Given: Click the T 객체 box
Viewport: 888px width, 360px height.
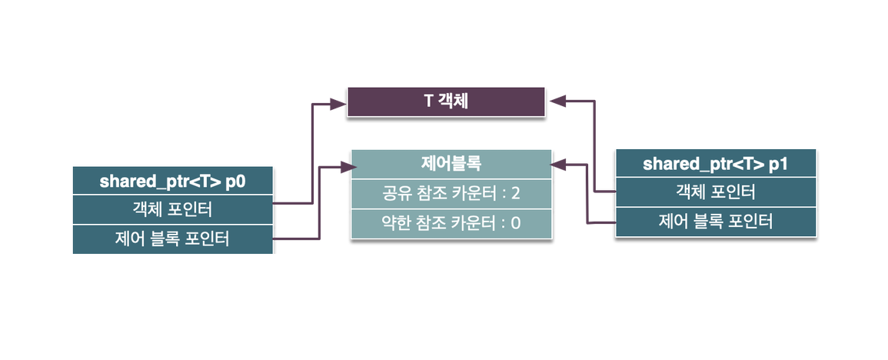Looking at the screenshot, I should click(x=446, y=102).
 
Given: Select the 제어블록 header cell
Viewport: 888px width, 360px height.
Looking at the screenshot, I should click(x=451, y=163).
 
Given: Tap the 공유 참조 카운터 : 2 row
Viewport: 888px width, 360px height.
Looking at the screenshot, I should click(x=451, y=192).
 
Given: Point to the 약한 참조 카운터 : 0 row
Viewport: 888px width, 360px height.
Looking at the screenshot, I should click(x=451, y=223).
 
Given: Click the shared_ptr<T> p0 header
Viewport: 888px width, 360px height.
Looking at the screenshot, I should click(x=174, y=181).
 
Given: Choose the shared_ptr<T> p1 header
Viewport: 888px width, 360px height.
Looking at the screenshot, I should click(x=716, y=163).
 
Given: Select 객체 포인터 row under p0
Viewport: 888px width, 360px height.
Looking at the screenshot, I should click(x=174, y=209).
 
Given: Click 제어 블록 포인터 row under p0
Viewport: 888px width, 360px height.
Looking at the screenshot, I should click(x=174, y=239).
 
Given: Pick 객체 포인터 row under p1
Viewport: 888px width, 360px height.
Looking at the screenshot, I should click(x=716, y=192).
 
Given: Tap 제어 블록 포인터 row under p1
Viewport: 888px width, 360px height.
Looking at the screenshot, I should click(x=716, y=222).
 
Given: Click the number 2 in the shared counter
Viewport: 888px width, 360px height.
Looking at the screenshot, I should click(x=516, y=192).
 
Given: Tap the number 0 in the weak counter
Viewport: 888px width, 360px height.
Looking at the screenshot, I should click(x=516, y=223).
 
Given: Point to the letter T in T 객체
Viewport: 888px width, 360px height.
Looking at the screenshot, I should click(x=428, y=102).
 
